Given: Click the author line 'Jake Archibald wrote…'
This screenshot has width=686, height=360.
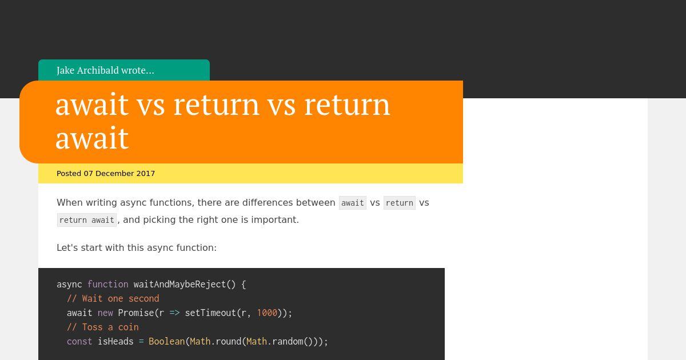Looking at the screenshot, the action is pyautogui.click(x=105, y=70).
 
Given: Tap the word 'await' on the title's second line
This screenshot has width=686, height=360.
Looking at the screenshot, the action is pyautogui.click(x=92, y=138).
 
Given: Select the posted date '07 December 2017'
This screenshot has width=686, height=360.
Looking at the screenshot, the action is pyautogui.click(x=119, y=174).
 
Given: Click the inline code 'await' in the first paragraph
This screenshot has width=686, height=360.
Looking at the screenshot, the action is pyautogui.click(x=353, y=203).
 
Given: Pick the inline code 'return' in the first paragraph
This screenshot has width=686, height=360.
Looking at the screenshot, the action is pyautogui.click(x=400, y=203).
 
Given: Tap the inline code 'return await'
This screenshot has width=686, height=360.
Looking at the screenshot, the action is pyautogui.click(x=87, y=220).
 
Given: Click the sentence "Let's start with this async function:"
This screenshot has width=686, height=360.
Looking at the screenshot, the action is pyautogui.click(x=137, y=247).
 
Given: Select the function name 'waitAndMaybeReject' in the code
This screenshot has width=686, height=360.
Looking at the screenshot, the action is pyautogui.click(x=180, y=285).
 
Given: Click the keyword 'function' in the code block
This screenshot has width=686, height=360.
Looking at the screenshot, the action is pyautogui.click(x=108, y=285).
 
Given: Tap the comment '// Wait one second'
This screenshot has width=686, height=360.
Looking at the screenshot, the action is pyautogui.click(x=113, y=298).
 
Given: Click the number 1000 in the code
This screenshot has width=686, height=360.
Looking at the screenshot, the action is pyautogui.click(x=267, y=313).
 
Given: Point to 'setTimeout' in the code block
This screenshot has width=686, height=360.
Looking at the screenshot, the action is pyautogui.click(x=210, y=313).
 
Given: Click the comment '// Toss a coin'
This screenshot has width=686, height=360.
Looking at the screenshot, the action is pyautogui.click(x=103, y=327).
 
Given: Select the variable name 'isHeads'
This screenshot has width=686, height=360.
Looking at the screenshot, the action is pyautogui.click(x=115, y=341).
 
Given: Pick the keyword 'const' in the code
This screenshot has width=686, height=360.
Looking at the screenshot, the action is pyautogui.click(x=79, y=341).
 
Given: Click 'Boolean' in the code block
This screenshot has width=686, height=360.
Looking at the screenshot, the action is pyautogui.click(x=166, y=341).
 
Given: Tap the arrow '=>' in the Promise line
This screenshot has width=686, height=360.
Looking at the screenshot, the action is pyautogui.click(x=174, y=313).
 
